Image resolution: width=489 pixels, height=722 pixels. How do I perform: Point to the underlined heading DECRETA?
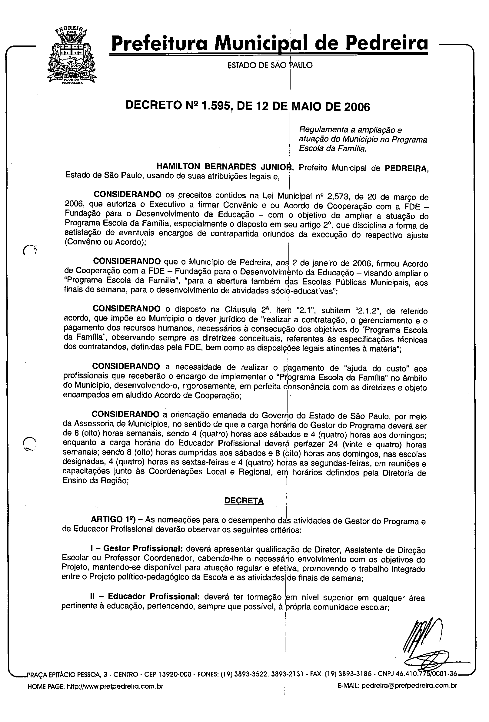pos(244,501)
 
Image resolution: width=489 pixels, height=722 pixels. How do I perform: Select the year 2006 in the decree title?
pos(356,107)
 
